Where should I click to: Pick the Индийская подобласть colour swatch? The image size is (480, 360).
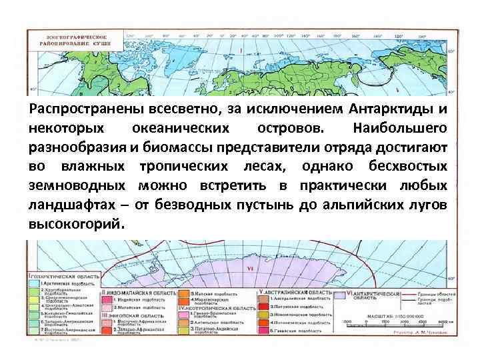tap(108, 300)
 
